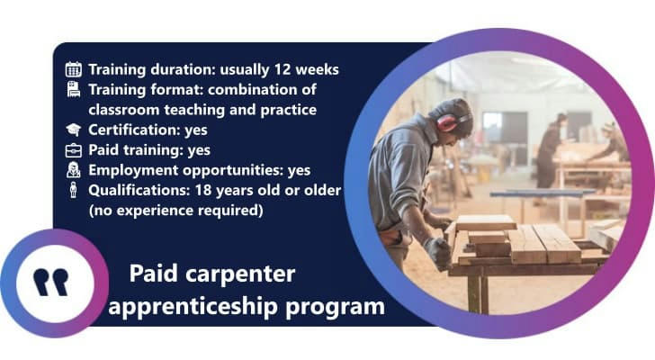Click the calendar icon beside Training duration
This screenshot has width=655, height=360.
pos(74,69)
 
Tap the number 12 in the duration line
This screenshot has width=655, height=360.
pos(283,69)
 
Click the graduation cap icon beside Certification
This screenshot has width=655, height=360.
pos(74,130)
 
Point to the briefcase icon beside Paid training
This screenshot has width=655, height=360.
pos(74,150)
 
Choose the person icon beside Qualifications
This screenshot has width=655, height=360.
pos(74,190)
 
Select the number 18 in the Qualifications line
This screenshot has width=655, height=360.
pos(203,191)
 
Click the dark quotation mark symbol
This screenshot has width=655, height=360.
pos(51,283)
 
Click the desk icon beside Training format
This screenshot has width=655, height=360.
pos(74,89)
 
